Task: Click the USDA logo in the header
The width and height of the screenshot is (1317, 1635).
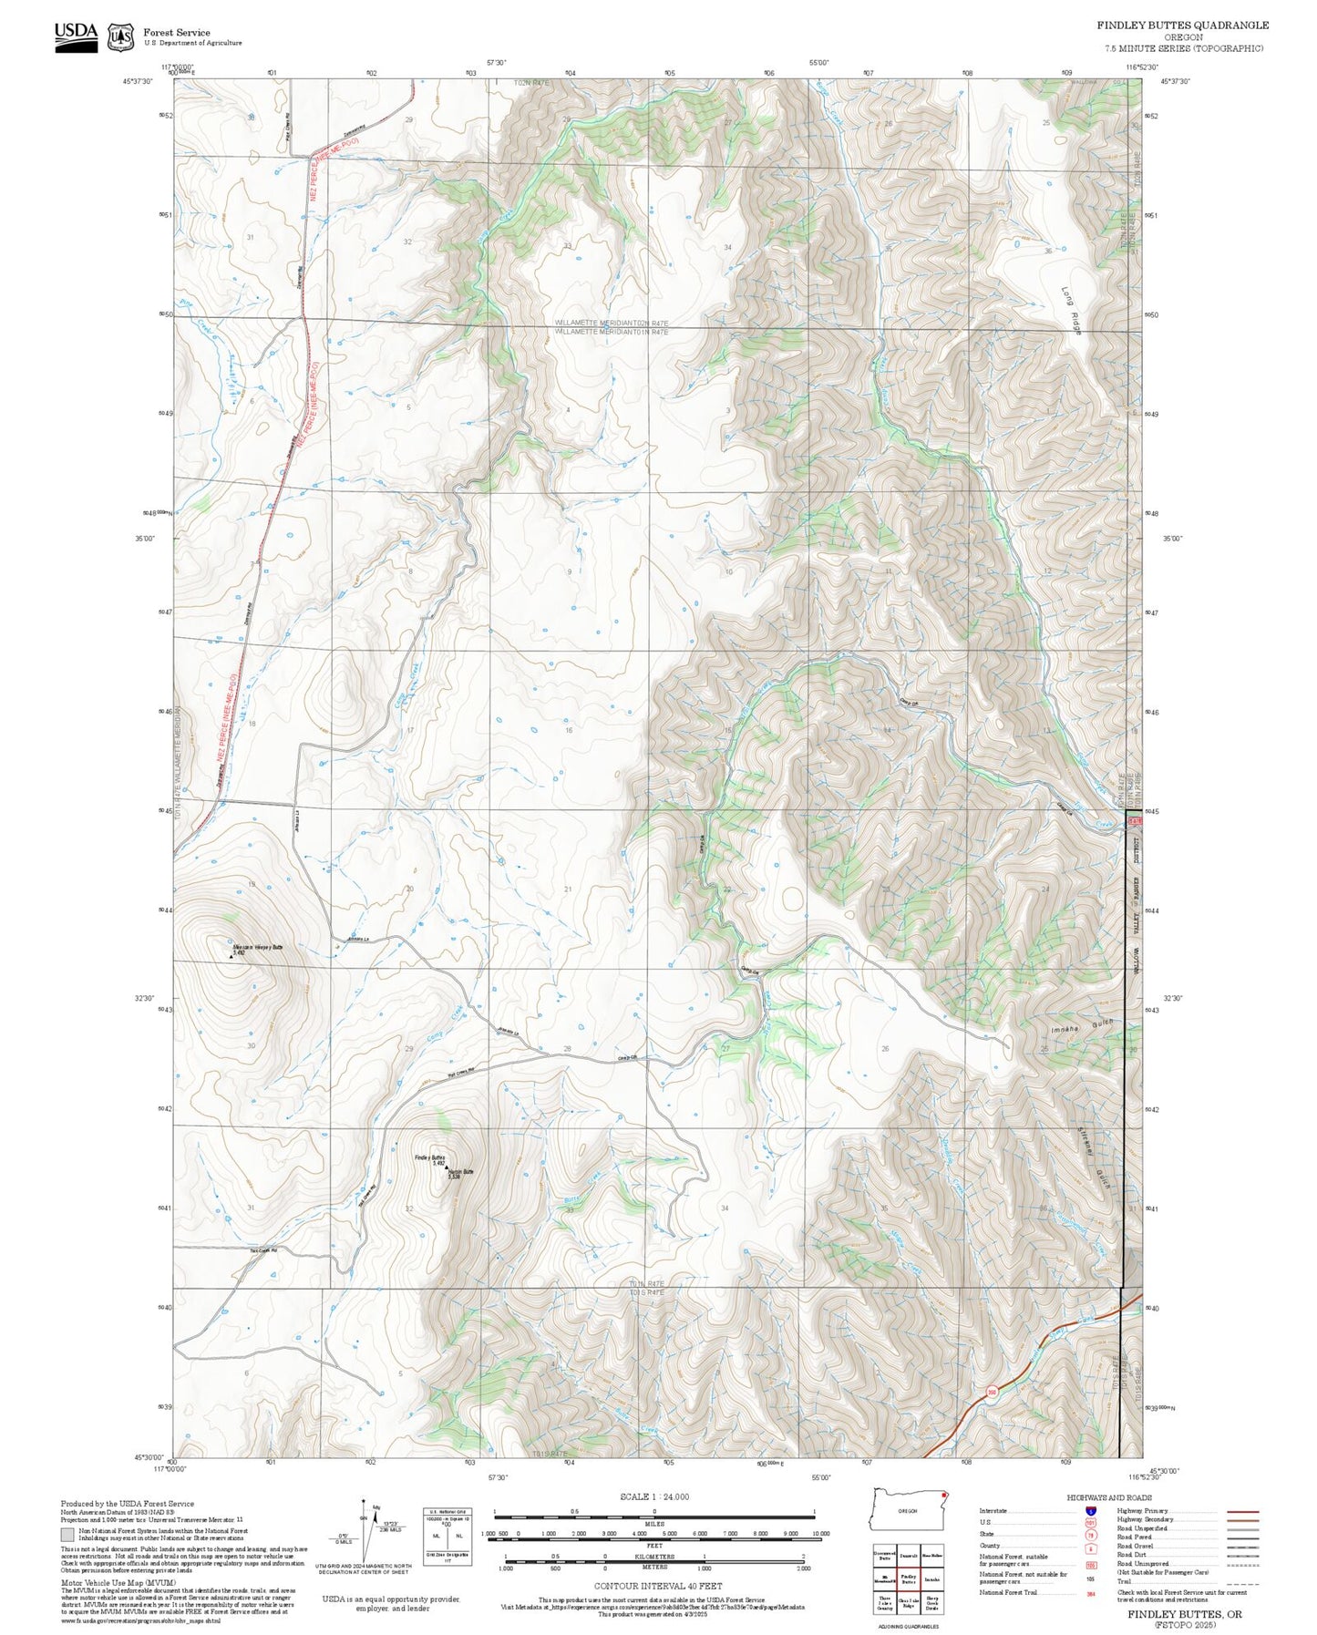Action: [76, 36]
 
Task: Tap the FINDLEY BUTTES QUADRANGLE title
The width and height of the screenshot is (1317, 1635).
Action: [1182, 26]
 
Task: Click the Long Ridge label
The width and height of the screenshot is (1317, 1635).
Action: [1071, 311]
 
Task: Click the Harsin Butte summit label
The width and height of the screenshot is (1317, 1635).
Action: [460, 1173]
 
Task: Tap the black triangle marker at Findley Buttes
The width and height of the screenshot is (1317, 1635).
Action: [446, 1169]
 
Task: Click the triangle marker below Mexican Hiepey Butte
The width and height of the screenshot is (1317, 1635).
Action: [230, 957]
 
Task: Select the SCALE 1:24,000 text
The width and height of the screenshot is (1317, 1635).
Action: [653, 1496]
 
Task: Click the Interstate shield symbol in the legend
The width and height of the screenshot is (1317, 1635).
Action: [1090, 1510]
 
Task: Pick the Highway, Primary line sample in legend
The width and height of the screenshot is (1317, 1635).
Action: [1243, 1510]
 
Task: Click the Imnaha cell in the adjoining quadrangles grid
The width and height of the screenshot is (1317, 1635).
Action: [931, 1579]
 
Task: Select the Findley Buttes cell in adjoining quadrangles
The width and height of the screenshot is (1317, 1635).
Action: [908, 1579]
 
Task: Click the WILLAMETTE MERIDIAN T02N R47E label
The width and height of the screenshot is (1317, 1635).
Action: [612, 324]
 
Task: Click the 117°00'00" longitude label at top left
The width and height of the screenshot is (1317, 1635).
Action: [178, 67]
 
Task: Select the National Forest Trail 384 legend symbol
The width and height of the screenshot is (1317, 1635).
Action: [1090, 1593]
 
